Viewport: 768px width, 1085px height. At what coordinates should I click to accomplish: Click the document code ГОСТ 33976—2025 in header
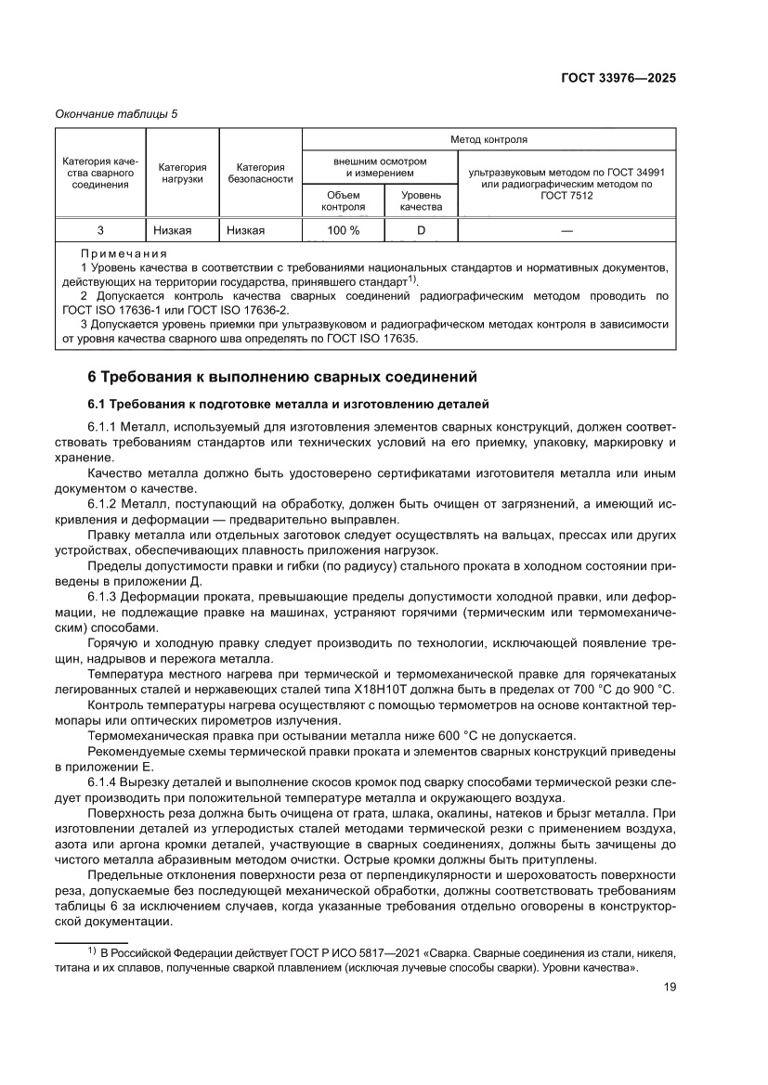coord(618,78)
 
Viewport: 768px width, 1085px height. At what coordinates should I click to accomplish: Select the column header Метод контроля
coord(488,139)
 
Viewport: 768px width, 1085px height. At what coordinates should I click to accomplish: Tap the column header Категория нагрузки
coord(182,173)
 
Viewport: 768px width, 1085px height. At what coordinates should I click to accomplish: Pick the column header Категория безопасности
coord(260,173)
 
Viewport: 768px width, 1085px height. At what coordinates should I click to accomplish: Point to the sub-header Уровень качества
coord(421,200)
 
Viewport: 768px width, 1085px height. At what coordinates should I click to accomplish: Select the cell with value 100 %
coord(343,229)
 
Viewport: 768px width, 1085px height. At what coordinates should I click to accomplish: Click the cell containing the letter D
coord(421,229)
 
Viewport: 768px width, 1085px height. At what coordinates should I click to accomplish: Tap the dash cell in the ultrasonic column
coord(566,229)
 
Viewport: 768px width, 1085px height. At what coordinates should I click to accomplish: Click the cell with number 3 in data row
coord(100,229)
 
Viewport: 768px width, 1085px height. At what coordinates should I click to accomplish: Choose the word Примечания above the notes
coord(124,252)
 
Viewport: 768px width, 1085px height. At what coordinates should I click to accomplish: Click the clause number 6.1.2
coord(104,502)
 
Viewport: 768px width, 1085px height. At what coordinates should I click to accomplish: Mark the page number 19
coord(669,987)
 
